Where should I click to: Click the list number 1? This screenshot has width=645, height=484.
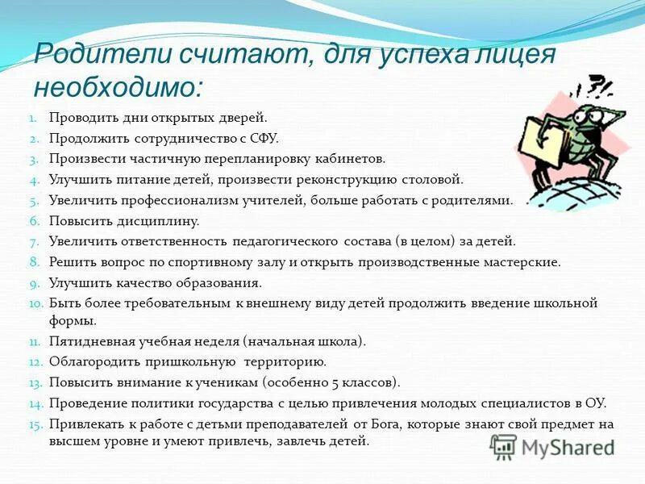coord(35,119)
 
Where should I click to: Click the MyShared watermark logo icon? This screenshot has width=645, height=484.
coord(504,445)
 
